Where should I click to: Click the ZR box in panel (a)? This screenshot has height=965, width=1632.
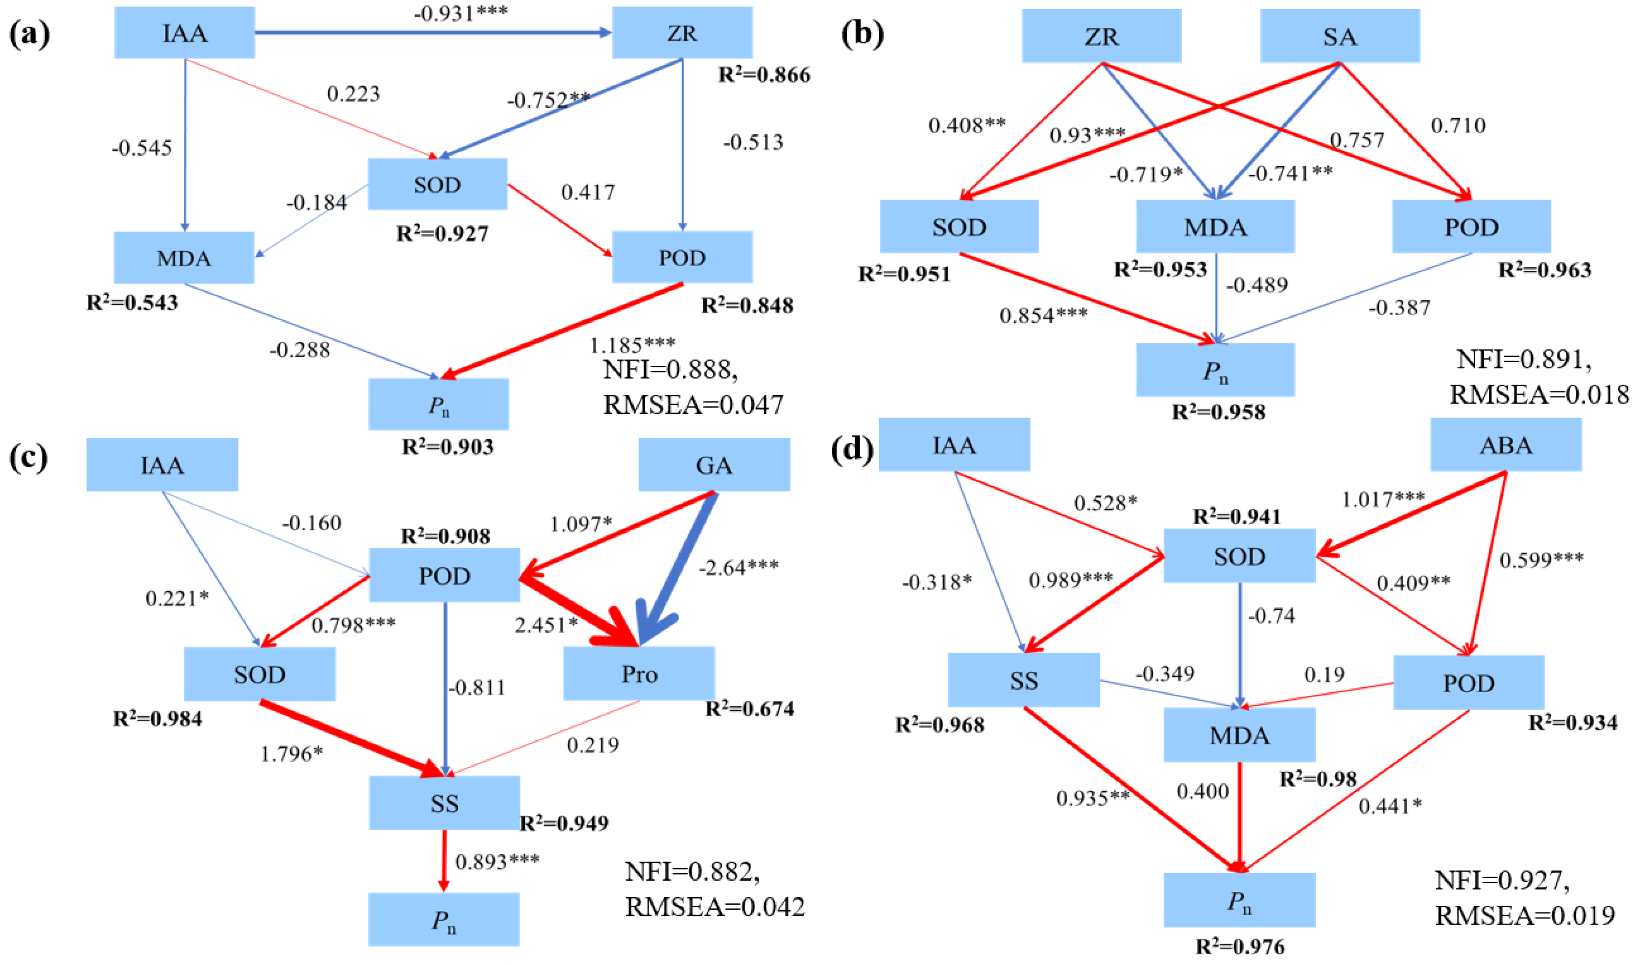682,33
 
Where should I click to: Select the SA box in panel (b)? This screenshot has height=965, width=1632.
1339,36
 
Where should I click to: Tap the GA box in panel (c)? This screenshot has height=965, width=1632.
714,465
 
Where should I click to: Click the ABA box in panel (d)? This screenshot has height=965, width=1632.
1505,445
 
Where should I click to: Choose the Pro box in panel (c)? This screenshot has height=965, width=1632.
638,674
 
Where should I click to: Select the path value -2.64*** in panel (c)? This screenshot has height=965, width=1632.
738,568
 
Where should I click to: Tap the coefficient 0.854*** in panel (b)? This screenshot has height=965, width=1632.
1043,315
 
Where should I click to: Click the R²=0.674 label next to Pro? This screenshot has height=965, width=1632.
750,708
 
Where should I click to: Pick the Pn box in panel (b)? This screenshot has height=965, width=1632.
1215,370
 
